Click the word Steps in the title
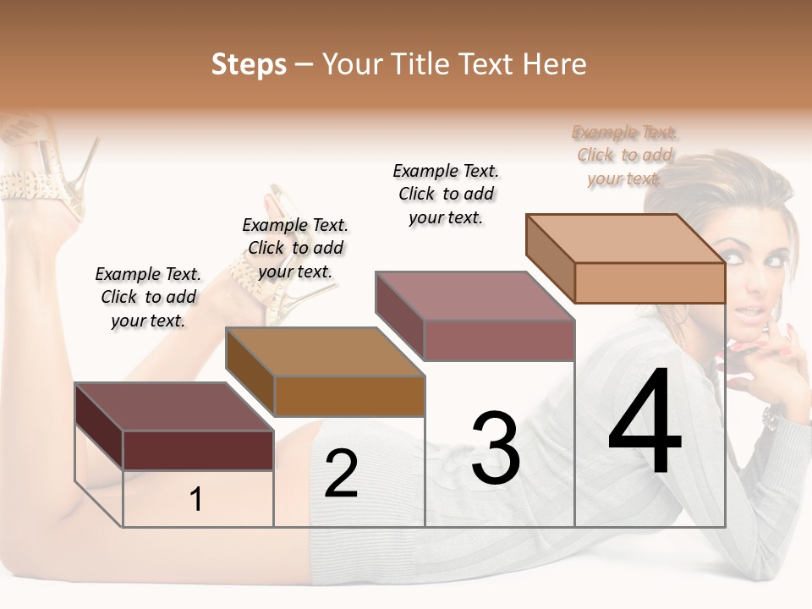coord(249,64)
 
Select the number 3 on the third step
coord(495,448)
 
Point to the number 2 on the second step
coord(341,474)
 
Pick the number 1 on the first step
coord(196,500)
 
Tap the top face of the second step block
coord(325,351)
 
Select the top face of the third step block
coord(475,296)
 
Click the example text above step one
coord(148,297)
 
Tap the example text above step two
coord(295,248)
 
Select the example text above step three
coord(446,194)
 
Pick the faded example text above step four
coord(624,155)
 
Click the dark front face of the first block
coord(198,450)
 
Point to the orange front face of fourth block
coord(650,283)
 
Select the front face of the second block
coord(348,396)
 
